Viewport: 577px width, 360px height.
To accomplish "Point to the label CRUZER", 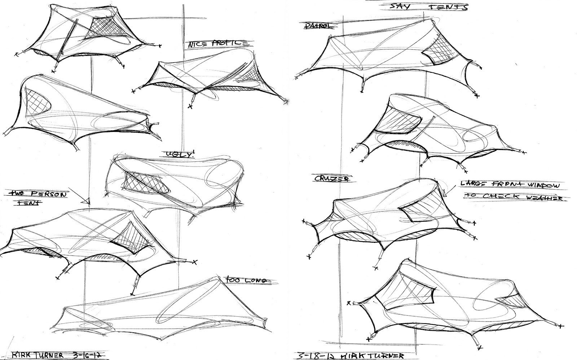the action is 327,178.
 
